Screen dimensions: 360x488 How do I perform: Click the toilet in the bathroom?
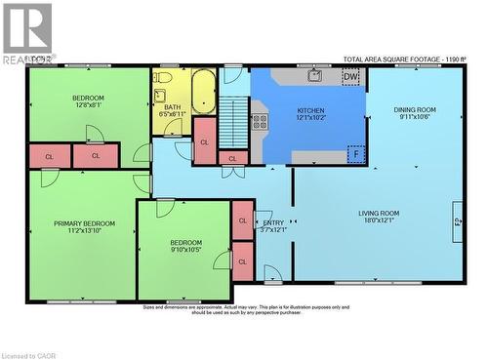[x=163, y=76]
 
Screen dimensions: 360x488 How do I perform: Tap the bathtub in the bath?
[x=203, y=93]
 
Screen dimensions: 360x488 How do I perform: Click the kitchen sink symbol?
[x=315, y=75]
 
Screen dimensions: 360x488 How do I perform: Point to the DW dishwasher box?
[x=350, y=76]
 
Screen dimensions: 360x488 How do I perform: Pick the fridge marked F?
[x=357, y=153]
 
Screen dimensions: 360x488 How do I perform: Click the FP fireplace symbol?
[x=456, y=222]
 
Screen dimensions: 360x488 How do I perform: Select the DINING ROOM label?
[x=415, y=109]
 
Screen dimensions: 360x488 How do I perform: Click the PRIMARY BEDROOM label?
[x=84, y=223]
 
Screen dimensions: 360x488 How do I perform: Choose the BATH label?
[x=172, y=107]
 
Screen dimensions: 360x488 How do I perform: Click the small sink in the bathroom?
[x=177, y=127]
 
